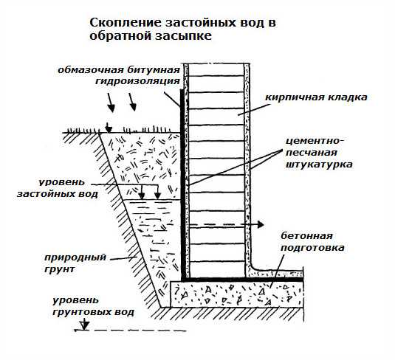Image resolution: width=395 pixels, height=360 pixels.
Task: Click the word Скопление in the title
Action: click(126, 22)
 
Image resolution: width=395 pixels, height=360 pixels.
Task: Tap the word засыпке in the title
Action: click(183, 35)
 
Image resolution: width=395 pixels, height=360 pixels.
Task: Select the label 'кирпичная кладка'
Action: click(317, 97)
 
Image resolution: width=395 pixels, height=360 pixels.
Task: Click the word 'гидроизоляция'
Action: click(137, 81)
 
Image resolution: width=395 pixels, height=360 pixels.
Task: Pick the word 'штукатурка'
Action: click(319, 165)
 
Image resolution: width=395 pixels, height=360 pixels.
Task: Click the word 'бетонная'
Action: click(306, 236)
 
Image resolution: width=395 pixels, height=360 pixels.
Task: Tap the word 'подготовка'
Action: click(312, 248)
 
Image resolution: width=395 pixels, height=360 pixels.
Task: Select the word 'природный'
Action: click(75, 257)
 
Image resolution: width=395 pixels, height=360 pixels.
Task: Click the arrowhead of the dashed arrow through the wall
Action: click(261, 224)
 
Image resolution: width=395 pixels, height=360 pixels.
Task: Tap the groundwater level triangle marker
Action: click(85, 325)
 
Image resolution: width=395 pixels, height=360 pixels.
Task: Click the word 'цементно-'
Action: click(315, 141)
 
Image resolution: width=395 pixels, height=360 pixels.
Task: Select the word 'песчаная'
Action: click(312, 153)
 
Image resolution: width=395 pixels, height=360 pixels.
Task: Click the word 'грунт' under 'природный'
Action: click(60, 269)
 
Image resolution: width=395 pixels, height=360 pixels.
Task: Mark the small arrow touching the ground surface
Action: click(109, 128)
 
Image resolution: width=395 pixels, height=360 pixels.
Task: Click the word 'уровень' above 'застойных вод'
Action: click(62, 182)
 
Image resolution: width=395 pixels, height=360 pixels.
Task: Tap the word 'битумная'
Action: click(154, 70)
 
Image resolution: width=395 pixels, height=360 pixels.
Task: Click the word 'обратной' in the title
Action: click(120, 35)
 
